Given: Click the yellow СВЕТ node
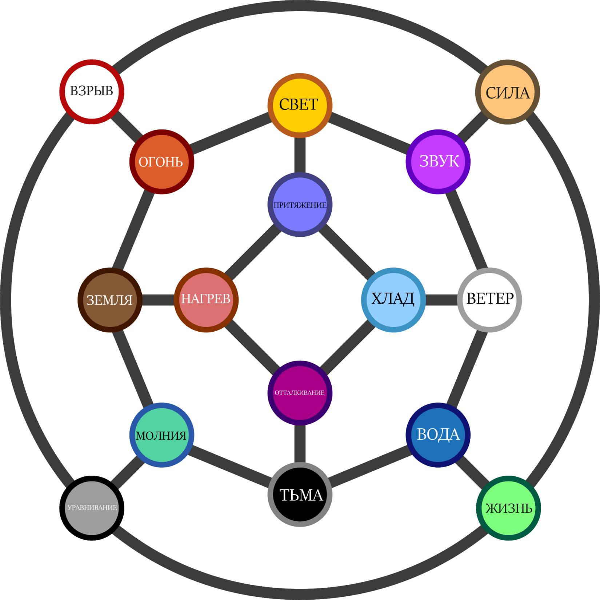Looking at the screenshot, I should tap(300, 105).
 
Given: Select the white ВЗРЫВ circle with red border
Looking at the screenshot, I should tap(92, 92).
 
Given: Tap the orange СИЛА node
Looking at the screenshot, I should tap(508, 92).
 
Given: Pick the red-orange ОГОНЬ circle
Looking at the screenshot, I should tap(161, 161).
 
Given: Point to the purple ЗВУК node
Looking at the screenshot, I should tap(438, 161).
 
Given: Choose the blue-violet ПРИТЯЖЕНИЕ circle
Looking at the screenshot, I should tap(300, 205).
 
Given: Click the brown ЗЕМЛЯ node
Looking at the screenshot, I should tap(110, 300).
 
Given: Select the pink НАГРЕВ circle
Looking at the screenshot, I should tap(206, 300).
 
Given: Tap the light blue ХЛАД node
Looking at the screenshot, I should tap(393, 300).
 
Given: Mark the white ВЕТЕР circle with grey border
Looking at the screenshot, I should tap(489, 300).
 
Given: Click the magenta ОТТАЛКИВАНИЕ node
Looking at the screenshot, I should tap(300, 393).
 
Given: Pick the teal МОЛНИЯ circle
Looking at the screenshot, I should tap(161, 435).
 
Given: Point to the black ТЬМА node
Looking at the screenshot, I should tap(300, 495).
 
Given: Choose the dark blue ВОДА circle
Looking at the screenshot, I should tap(438, 435).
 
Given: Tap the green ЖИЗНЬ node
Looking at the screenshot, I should tap(508, 508).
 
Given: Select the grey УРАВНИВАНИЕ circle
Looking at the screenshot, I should tap(92, 508).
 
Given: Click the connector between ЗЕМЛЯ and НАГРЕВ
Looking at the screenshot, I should tap(158, 300).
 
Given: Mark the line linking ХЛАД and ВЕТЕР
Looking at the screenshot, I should tap(441, 300).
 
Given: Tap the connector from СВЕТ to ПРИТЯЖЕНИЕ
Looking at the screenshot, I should tap(300, 155).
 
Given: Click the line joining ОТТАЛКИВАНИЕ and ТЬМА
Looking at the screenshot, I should tap(300, 444).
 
